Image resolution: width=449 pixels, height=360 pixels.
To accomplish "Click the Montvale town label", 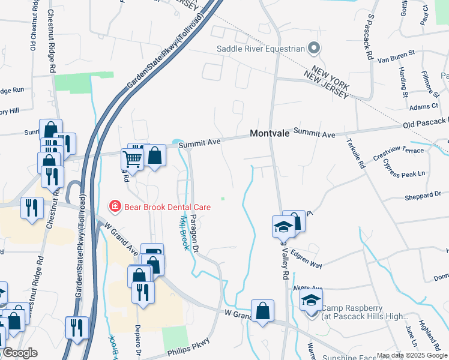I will pyautogui.click(x=270, y=134).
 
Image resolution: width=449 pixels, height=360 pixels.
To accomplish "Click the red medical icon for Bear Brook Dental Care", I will pyautogui.click(x=113, y=207).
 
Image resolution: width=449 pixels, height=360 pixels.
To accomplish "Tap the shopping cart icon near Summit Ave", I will pyautogui.click(x=132, y=160).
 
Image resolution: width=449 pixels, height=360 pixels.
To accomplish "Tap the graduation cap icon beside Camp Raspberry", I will pyautogui.click(x=311, y=300).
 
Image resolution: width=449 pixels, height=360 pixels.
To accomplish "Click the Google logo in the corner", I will pyautogui.click(x=19, y=353).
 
